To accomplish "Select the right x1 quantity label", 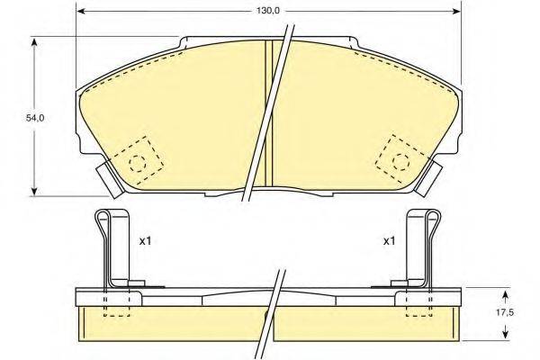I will tap(389, 241).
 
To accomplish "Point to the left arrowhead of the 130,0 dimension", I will tap(79, 12).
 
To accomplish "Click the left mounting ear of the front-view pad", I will tap(105, 175).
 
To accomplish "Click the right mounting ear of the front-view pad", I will tap(433, 175).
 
